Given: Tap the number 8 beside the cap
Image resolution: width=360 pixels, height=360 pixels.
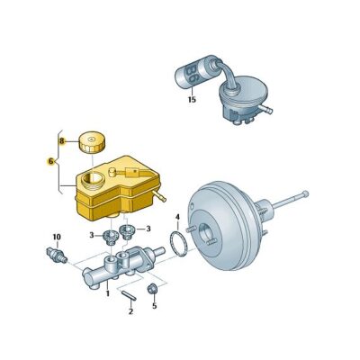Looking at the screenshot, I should coord(62,141).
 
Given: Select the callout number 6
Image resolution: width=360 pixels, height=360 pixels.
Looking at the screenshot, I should coord(50,161).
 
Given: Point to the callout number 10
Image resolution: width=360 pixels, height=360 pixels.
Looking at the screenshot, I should coord(56,237).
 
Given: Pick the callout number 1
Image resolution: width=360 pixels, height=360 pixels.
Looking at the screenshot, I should coord(108,293).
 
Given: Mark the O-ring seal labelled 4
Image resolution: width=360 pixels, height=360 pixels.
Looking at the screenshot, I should coord(179,244).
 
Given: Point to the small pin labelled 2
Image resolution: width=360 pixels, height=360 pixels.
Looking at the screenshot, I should coord(129,292).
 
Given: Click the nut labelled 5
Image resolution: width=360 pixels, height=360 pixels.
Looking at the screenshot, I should coord(153,289).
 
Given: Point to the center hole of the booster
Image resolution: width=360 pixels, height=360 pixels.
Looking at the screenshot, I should coord(210,238).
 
